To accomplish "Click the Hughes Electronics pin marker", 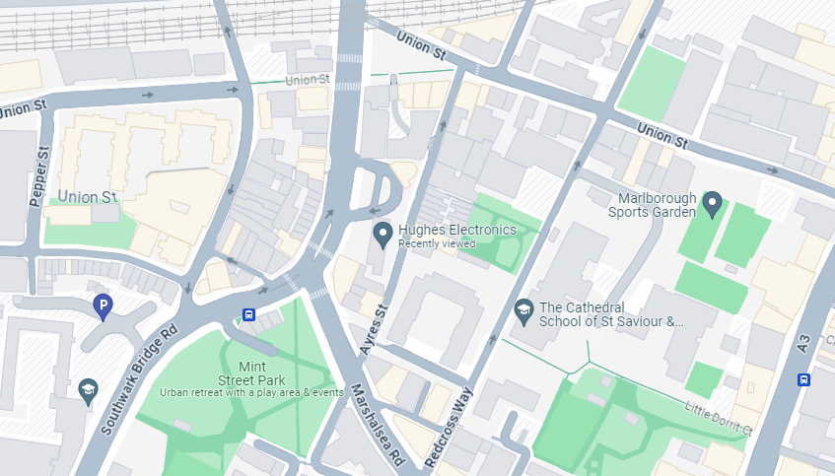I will [x=383, y=234].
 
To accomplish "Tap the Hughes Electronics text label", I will [x=456, y=230].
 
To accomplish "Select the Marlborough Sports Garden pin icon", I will [x=713, y=204].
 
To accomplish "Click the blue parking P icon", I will [x=102, y=307].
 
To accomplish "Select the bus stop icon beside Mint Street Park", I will [x=249, y=315].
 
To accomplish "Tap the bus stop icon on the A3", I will [x=804, y=379].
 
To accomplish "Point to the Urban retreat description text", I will [x=252, y=392].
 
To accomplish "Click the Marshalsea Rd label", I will [x=379, y=424].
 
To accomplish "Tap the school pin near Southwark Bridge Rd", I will [x=89, y=390].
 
